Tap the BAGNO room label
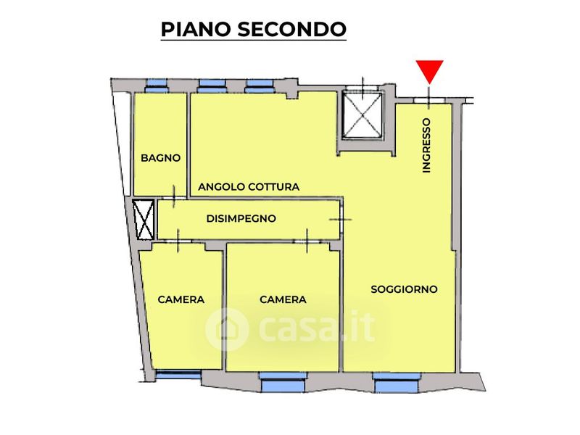click(160, 158)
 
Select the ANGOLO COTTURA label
click(249, 187)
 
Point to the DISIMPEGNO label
click(241, 218)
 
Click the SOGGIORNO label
click(404, 289)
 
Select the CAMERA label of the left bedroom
click(181, 299)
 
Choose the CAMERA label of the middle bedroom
click(283, 299)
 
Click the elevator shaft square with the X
click(362, 116)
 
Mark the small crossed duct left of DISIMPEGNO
click(144, 220)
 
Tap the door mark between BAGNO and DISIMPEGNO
click(175, 193)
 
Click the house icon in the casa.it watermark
click(228, 329)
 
